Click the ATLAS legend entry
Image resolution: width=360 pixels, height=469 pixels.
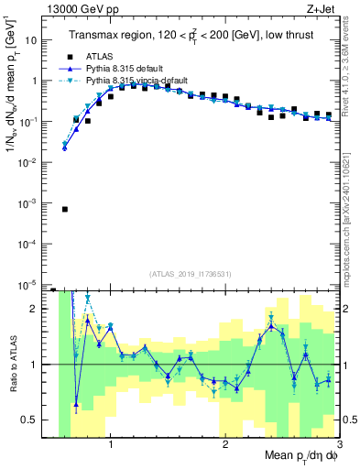[111, 58]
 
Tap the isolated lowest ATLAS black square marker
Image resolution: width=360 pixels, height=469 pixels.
[65, 209]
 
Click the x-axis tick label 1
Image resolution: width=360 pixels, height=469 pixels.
[111, 445]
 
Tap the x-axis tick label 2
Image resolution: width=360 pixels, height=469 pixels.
[225, 445]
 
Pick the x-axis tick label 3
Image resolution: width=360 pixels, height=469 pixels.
[338, 445]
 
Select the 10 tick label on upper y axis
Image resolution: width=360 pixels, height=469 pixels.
[33, 40]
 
